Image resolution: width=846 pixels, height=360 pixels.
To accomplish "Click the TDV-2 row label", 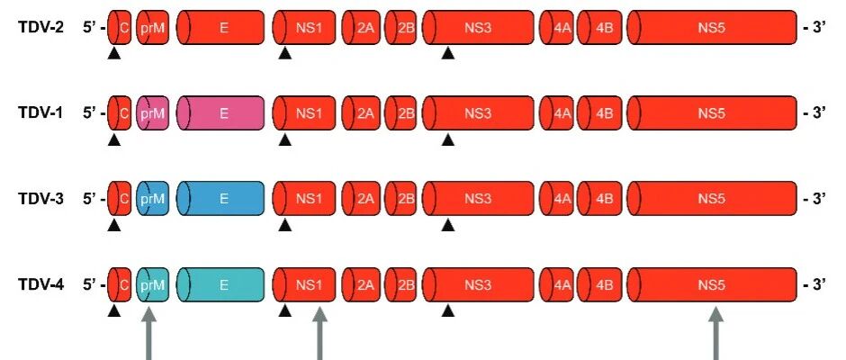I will coord(40,27).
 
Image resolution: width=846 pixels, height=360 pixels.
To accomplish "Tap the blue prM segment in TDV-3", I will coord(152,199).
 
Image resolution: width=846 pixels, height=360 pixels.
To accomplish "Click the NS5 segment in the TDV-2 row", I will coord(711,27).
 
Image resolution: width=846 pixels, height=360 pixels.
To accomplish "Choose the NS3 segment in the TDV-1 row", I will coord(478,113).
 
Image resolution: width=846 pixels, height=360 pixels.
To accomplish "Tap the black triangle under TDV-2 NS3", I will coord(447,55).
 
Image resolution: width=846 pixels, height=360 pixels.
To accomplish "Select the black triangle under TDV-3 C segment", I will coord(113,226).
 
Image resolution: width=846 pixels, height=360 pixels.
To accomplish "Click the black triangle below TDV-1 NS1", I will coord(285,140).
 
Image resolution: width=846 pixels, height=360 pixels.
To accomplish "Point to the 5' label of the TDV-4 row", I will coord(94,285).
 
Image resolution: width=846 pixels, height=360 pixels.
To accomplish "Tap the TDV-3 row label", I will coord(40,199).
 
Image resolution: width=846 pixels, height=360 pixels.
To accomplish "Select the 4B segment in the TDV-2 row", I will coord(599,27).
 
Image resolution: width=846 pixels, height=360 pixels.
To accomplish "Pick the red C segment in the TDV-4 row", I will coord(120,285).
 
